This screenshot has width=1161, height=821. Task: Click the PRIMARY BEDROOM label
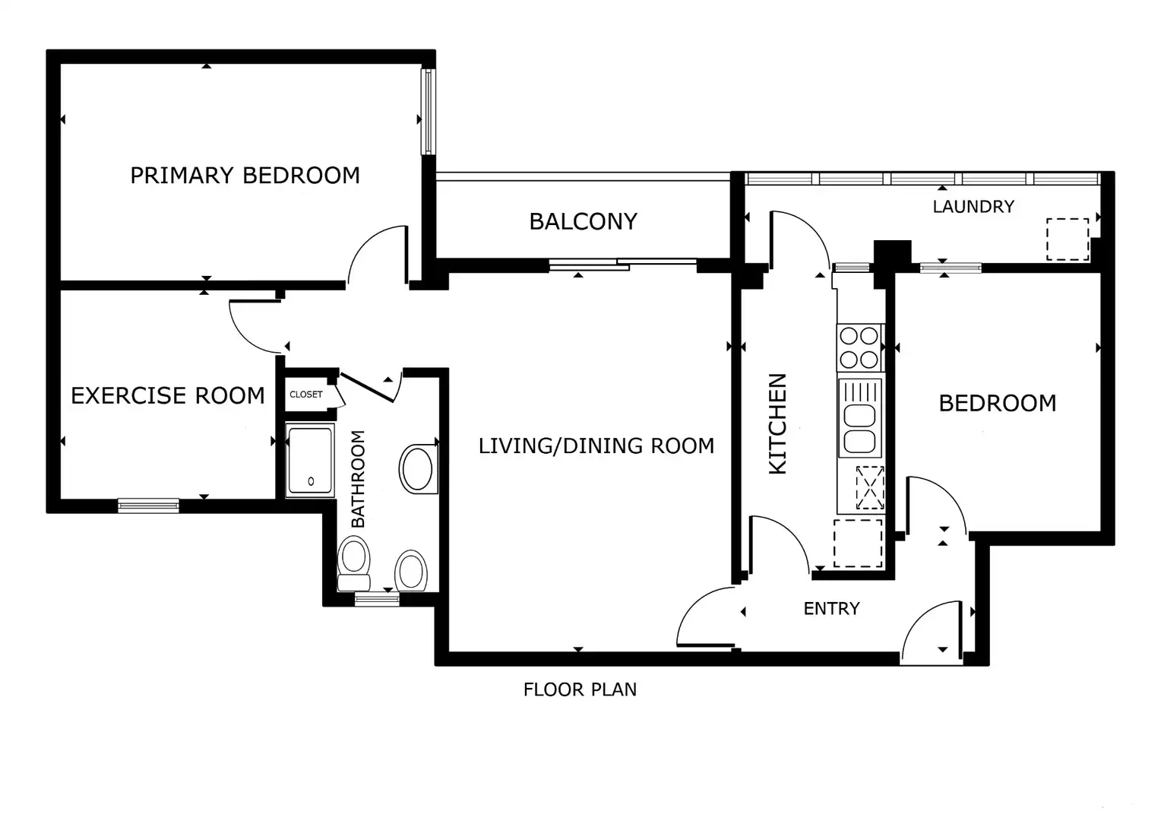point(245,176)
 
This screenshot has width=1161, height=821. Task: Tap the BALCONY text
point(583,221)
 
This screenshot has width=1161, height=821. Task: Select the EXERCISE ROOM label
point(167,396)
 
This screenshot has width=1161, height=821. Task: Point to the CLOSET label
point(305,395)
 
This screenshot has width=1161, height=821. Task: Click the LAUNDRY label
point(973,207)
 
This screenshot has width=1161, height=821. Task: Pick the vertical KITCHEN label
point(777,423)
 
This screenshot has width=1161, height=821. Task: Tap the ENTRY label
point(831,608)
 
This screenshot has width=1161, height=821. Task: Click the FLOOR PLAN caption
point(580,689)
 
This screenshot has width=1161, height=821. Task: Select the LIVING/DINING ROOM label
point(596,445)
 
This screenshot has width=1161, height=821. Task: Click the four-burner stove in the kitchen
point(859,347)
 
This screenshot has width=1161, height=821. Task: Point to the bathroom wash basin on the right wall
point(418,469)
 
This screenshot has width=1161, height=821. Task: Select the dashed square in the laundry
point(1068,239)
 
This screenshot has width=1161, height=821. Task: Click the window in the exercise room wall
point(148,506)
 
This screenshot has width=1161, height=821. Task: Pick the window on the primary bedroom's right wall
point(428,112)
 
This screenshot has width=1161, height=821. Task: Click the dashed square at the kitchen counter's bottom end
point(858,543)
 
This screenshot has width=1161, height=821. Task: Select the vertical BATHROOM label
point(358,479)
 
